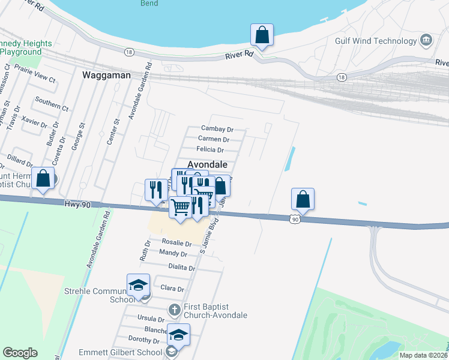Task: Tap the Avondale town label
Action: [208, 164]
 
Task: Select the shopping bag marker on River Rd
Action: [262, 35]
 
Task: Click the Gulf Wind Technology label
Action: [376, 41]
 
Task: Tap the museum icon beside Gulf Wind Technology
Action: [426, 40]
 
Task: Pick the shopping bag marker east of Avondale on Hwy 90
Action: [303, 199]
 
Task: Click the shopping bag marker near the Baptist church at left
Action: [43, 179]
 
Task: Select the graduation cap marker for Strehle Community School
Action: [138, 285]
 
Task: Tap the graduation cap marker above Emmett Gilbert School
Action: [178, 335]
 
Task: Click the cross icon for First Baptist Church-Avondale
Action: [174, 310]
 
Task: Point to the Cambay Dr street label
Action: [217, 129]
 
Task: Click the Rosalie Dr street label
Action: [177, 244]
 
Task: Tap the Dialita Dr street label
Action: [182, 268]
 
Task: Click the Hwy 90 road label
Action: [77, 205]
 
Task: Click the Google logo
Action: [20, 353]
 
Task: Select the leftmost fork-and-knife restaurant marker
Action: [156, 190]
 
